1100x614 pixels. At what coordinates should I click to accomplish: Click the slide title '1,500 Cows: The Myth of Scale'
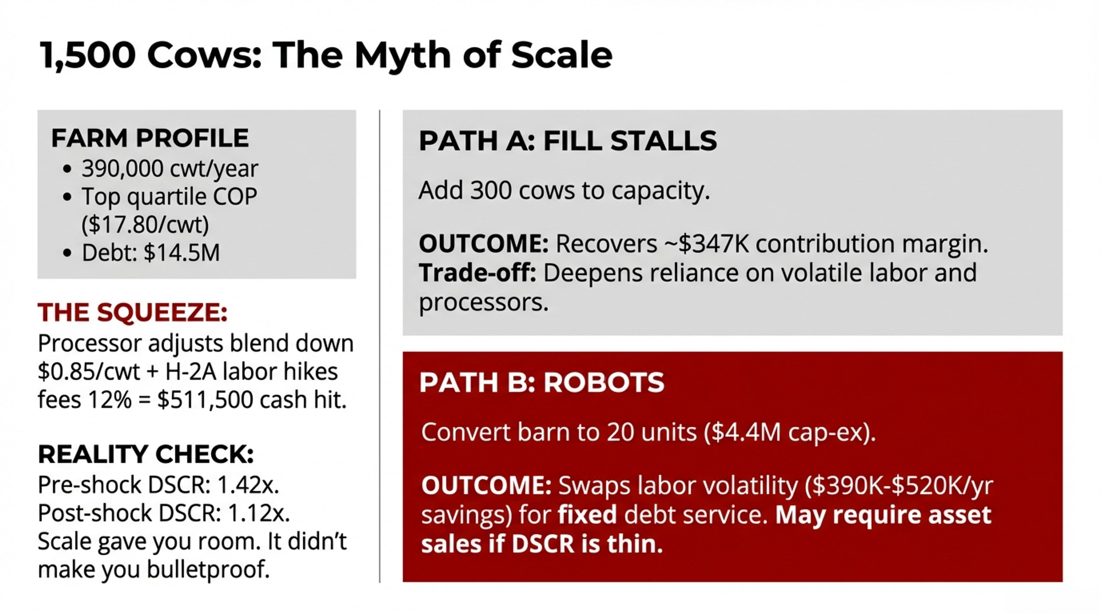pyautogui.click(x=326, y=55)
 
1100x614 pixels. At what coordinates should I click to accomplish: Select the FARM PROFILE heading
pyautogui.click(x=150, y=138)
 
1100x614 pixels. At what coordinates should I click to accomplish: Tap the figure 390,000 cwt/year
pyautogui.click(x=169, y=168)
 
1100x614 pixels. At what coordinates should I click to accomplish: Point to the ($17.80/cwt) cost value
pyautogui.click(x=145, y=224)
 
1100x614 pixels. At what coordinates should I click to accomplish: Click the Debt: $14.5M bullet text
pyautogui.click(x=151, y=253)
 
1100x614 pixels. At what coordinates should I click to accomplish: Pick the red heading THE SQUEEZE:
pyautogui.click(x=133, y=313)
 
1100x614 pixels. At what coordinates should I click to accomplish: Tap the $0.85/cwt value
pyautogui.click(x=89, y=372)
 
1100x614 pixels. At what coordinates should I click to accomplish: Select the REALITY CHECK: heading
pyautogui.click(x=146, y=454)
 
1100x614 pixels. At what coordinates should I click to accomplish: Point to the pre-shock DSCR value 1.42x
pyautogui.click(x=248, y=485)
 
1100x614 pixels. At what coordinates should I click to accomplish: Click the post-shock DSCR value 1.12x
pyautogui.click(x=258, y=513)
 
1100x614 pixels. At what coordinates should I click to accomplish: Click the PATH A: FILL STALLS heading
pyautogui.click(x=568, y=141)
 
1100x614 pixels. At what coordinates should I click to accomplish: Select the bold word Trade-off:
pyautogui.click(x=477, y=273)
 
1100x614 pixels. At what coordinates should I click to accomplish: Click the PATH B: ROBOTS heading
pyautogui.click(x=542, y=382)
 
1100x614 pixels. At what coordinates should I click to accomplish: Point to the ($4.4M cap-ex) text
pyautogui.click(x=790, y=432)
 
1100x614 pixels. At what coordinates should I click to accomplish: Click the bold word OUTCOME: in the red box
pyautogui.click(x=486, y=486)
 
